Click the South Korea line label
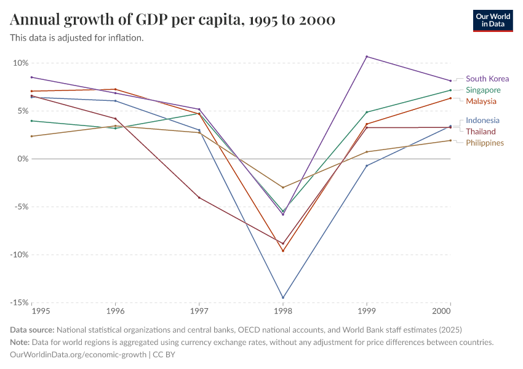point(487,79)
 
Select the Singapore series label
point(483,90)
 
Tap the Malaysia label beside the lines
point(481,101)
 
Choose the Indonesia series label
point(482,121)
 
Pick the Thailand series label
point(481,132)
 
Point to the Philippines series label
point(485,143)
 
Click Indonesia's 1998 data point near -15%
point(283,298)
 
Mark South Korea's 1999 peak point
point(367,57)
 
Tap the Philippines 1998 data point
point(283,187)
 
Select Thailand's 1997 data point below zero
point(199,197)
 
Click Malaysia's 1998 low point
point(283,250)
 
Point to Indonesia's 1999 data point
point(367,166)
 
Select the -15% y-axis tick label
point(18,303)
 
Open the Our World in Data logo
point(493,21)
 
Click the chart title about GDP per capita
point(173,20)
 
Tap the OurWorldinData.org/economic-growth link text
point(79,354)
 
